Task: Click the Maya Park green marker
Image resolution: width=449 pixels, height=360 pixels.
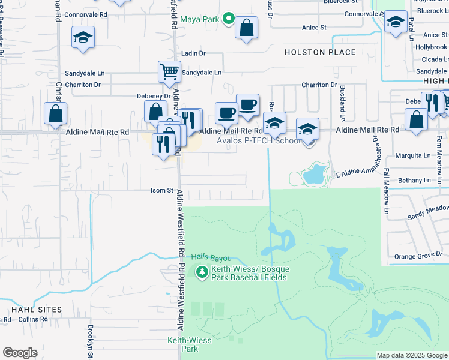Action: pyautogui.click(x=228, y=19)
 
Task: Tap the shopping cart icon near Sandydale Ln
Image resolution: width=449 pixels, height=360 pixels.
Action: pyautogui.click(x=169, y=71)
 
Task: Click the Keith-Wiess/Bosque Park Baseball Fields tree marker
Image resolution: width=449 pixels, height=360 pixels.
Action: pyautogui.click(x=203, y=272)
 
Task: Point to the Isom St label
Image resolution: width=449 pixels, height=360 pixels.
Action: pyautogui.click(x=161, y=191)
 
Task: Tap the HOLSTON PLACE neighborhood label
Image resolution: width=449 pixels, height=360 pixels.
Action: pyautogui.click(x=321, y=52)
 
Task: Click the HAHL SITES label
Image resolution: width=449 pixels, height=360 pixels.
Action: pyautogui.click(x=37, y=309)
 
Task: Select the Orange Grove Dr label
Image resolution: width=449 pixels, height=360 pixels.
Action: pyautogui.click(x=418, y=256)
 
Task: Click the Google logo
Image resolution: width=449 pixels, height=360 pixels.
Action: pyautogui.click(x=20, y=353)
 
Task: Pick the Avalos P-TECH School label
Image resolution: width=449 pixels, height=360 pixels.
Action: pyautogui.click(x=259, y=140)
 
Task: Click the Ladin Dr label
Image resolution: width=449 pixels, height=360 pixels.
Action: pyautogui.click(x=193, y=53)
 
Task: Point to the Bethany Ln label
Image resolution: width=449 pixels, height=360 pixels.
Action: pyautogui.click(x=414, y=180)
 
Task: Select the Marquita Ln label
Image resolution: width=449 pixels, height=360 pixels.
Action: pyautogui.click(x=413, y=155)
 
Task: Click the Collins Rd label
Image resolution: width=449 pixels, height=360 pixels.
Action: pyautogui.click(x=28, y=319)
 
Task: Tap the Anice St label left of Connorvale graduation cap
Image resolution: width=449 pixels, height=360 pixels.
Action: pyautogui.click(x=314, y=28)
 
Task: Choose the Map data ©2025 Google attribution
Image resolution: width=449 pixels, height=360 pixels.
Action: pyautogui.click(x=412, y=355)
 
